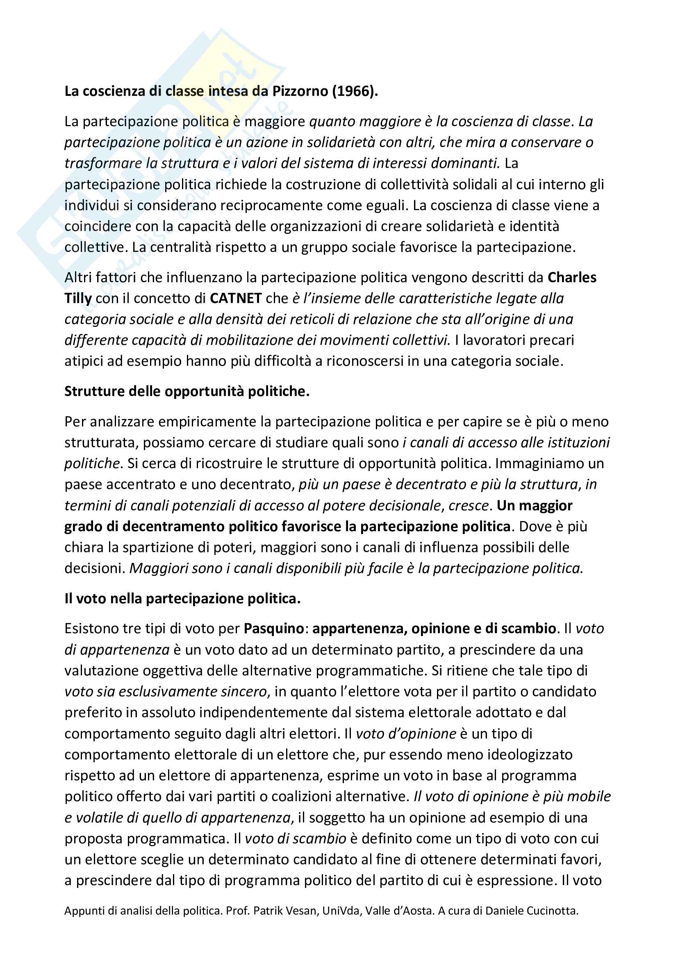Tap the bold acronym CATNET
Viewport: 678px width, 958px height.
pyautogui.click(x=235, y=298)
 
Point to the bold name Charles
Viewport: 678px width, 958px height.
pyautogui.click(x=571, y=277)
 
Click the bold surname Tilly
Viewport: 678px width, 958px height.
pyautogui.click(x=77, y=298)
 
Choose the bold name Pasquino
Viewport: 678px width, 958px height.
pyautogui.click(x=273, y=628)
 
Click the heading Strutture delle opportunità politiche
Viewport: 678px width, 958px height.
pyautogui.click(x=187, y=392)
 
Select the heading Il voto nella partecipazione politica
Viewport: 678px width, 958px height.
pyautogui.click(x=182, y=598)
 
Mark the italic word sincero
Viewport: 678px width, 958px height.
pyautogui.click(x=243, y=691)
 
